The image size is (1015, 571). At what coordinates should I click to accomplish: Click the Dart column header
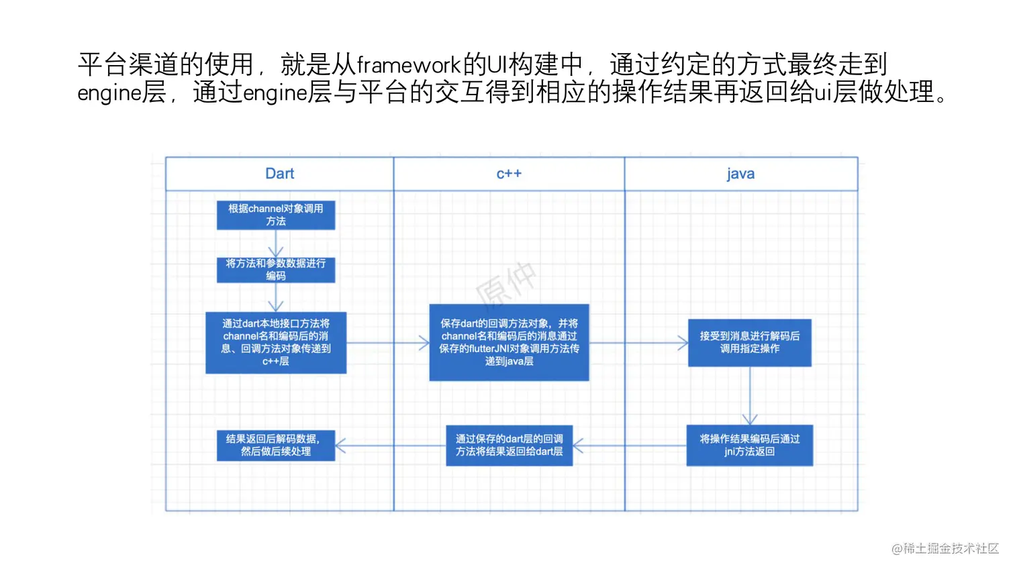click(279, 174)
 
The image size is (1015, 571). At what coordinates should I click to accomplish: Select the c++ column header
click(509, 174)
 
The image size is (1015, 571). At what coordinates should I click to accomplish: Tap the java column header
click(740, 174)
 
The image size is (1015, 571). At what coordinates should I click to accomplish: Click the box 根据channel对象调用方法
click(276, 215)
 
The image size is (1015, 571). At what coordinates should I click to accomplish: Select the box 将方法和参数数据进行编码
click(276, 270)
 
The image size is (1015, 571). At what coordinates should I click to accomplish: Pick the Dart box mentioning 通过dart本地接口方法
click(276, 342)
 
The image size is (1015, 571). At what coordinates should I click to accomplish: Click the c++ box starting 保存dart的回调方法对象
click(509, 342)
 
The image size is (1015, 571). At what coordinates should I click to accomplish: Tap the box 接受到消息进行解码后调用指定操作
click(750, 342)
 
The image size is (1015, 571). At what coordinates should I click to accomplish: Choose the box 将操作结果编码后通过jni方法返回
click(750, 445)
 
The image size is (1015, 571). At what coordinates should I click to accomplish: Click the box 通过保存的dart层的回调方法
click(509, 445)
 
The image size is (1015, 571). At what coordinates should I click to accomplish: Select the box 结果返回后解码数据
click(276, 445)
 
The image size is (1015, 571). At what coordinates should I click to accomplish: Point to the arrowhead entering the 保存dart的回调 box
click(424, 343)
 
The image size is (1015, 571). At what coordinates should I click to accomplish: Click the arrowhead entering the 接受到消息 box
click(683, 343)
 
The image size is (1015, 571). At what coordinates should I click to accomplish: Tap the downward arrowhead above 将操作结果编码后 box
click(750, 419)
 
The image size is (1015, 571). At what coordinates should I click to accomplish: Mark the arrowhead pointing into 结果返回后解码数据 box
click(340, 446)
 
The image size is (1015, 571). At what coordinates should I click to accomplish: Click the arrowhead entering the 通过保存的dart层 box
click(578, 446)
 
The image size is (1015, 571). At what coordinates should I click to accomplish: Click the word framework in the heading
click(408, 65)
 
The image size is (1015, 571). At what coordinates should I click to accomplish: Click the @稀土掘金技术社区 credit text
click(945, 548)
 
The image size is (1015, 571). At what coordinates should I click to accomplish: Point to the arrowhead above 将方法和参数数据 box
click(276, 252)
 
